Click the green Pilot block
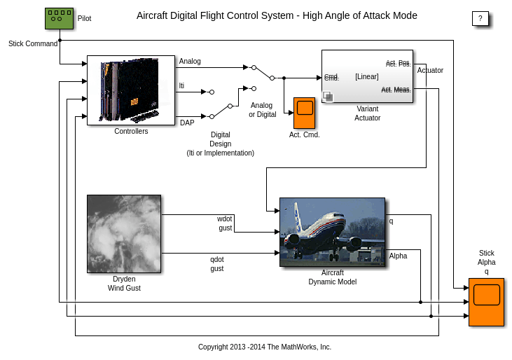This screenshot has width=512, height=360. pos(59,19)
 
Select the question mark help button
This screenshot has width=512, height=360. pos(480,19)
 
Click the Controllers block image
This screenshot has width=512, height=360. pos(130,90)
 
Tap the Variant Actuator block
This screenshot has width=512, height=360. pos(367,76)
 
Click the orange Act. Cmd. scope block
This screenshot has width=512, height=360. pos(304,112)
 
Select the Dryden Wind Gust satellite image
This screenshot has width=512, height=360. pos(124,233)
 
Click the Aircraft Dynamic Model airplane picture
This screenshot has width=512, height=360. pos(332,232)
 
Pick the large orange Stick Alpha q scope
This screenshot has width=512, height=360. pos(486,302)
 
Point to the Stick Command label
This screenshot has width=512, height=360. pos(33,43)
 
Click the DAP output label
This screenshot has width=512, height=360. pos(187,123)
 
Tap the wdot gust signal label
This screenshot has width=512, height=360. pos(224,223)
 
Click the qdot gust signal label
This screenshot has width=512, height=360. pos(217,263)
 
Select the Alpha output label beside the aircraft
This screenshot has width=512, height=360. pos(398,256)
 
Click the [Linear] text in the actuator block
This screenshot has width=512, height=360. pos(366,77)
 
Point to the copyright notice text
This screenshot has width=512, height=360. pos(265,347)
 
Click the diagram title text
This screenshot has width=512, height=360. pos(277,15)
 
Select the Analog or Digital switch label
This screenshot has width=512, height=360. pos(262,110)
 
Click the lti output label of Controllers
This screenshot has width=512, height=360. pos(182,85)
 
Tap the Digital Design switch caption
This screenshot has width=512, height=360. pos(220,144)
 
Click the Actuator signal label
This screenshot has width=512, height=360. pos(430,70)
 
